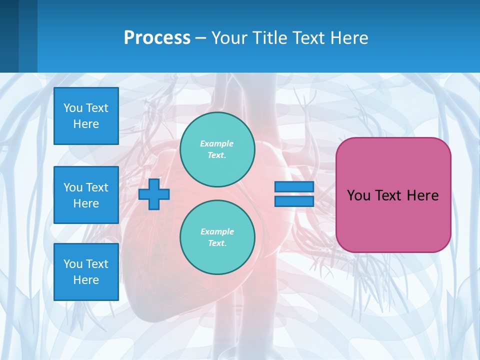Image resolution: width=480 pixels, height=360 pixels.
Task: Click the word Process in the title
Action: (x=157, y=37)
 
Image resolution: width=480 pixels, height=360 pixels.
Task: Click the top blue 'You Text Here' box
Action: (x=86, y=116)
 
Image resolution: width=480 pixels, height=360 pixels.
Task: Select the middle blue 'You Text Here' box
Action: (x=86, y=195)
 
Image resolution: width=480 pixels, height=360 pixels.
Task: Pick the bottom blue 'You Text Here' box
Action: (x=86, y=272)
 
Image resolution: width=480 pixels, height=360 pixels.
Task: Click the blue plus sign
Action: (x=154, y=194)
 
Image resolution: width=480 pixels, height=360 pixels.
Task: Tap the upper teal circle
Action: (x=217, y=149)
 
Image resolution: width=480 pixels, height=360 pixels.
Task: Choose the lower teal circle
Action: (x=217, y=237)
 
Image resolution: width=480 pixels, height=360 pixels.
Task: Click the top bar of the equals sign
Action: (x=294, y=187)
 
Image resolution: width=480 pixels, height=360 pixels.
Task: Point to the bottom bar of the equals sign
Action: (x=294, y=201)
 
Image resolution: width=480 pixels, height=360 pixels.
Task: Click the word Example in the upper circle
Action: (x=217, y=143)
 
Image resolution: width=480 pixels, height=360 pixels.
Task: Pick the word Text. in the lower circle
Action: (x=217, y=243)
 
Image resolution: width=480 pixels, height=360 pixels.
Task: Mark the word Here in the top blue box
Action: (x=86, y=124)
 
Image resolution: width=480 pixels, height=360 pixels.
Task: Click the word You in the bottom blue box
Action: (x=73, y=264)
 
